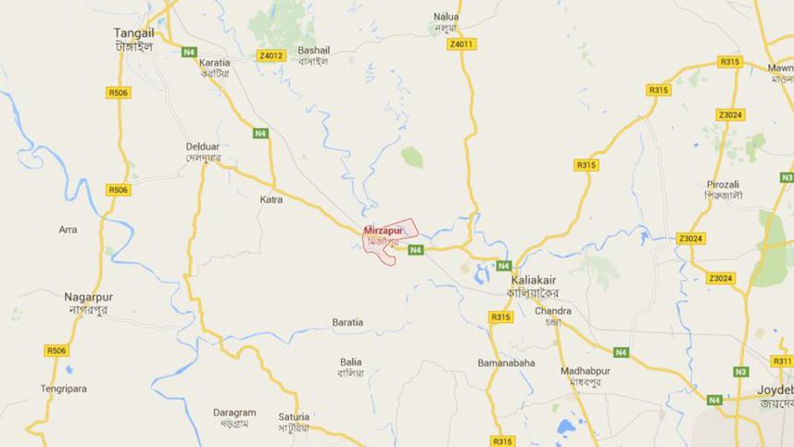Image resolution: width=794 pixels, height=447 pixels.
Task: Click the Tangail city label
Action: coord(133,32)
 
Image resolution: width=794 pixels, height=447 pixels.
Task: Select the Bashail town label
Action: coord(313,50)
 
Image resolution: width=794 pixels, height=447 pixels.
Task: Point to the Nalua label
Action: coord(447,17)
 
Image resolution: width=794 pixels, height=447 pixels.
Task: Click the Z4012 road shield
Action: coord(271,56)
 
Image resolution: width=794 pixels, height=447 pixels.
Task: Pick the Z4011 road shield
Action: coord(460,45)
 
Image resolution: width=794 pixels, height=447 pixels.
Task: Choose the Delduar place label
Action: coord(203,147)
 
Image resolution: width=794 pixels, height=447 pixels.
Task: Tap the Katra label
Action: coord(271,199)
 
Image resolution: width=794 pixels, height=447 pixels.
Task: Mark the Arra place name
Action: coord(68,229)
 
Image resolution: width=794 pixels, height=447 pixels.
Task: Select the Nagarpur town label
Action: coord(88,297)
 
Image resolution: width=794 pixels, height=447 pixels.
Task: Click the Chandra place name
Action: coord(552,311)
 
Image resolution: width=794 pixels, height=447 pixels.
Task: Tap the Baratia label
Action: coord(347,323)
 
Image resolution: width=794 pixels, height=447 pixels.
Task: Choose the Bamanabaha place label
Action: coord(506,363)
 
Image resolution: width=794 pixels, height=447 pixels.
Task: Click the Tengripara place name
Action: coord(63,389)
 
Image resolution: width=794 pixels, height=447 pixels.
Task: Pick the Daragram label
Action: coord(233,413)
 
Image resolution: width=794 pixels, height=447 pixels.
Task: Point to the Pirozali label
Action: coord(724,185)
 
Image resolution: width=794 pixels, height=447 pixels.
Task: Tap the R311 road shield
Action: coord(782,361)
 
